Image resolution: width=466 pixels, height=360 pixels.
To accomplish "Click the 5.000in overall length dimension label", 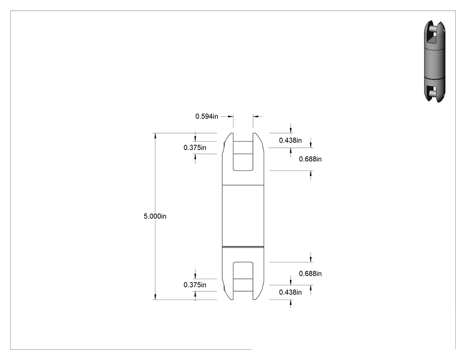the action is [x=155, y=217].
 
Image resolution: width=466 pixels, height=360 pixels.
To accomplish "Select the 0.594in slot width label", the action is [x=206, y=117].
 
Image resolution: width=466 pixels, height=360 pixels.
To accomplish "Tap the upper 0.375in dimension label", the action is [x=195, y=148].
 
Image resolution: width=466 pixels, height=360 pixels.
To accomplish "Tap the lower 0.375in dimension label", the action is [x=195, y=285].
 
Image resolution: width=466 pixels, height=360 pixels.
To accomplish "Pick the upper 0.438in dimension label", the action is [x=290, y=140].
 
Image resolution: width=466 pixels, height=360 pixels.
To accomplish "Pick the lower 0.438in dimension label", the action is [x=290, y=293].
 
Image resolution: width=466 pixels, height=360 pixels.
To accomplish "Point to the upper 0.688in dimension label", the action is [x=310, y=159].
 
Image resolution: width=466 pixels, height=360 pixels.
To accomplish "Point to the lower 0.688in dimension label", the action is [x=310, y=274].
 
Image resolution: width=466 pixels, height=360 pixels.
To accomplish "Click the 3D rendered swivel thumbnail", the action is [x=434, y=62].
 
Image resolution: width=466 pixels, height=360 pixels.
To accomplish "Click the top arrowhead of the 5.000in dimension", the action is [x=155, y=136].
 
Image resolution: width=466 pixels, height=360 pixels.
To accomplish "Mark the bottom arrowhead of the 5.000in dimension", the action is [x=155, y=297].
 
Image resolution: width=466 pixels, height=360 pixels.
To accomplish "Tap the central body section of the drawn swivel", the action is [x=243, y=216].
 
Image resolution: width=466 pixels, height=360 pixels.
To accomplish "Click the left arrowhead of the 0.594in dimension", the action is [x=230, y=117].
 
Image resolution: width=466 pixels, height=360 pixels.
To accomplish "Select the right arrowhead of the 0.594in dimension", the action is [x=256, y=117].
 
